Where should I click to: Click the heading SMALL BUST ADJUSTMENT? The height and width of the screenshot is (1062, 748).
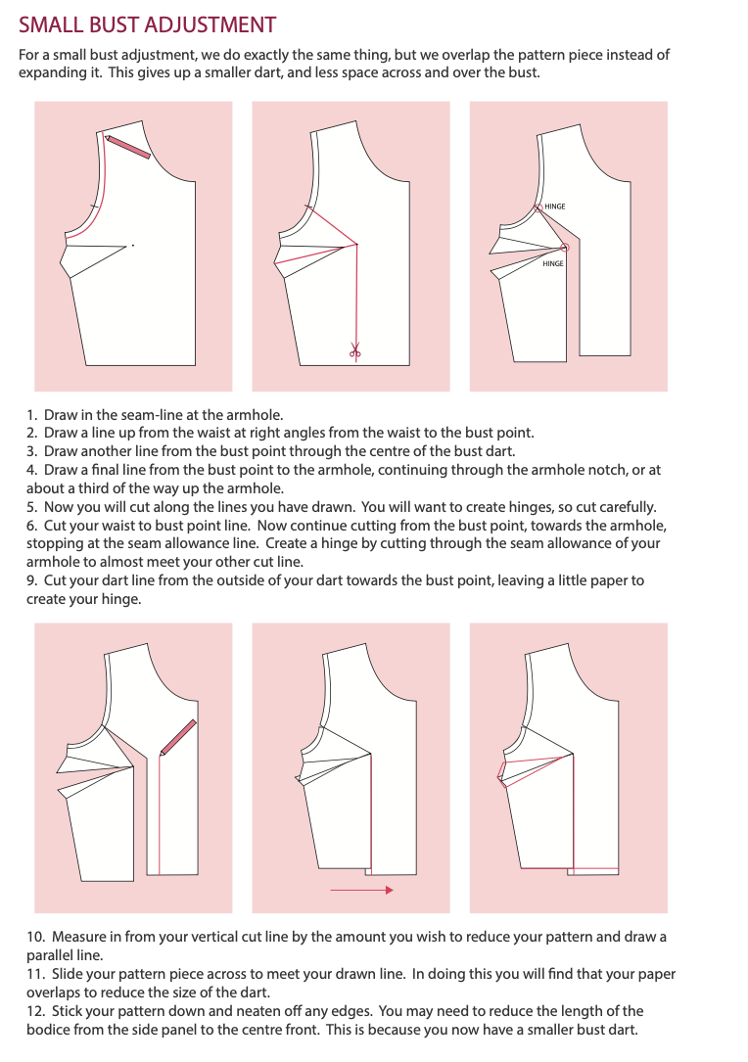pos(147,25)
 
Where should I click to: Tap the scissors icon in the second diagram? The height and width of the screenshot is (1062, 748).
pos(355,350)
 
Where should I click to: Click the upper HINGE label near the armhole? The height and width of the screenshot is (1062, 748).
pos(555,206)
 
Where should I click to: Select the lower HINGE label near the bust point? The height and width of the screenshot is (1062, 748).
pos(553,263)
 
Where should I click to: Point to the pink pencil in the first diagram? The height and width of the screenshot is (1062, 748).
pos(127,146)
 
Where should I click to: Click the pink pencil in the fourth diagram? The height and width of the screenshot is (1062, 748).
pos(177,737)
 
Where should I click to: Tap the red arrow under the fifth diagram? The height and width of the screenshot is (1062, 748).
pos(361,890)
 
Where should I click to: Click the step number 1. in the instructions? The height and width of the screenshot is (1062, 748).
pos(32,414)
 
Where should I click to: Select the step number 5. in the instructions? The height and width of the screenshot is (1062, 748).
pos(32,507)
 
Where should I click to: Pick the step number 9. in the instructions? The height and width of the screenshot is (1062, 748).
pos(32,580)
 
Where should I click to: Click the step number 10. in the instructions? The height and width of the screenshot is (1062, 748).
pos(36,937)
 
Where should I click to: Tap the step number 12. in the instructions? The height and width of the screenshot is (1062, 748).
pos(36,1011)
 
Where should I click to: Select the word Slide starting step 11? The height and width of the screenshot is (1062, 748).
pos(68,974)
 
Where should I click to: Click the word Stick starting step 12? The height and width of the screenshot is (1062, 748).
pos(68,1011)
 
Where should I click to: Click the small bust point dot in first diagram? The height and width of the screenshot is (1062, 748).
pos(133,245)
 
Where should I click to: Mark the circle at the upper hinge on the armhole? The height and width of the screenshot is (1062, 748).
pos(538,208)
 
